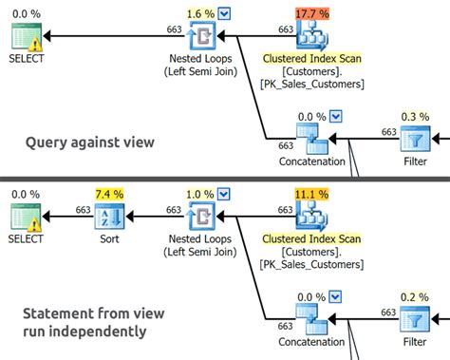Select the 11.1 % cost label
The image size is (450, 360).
(x=311, y=194)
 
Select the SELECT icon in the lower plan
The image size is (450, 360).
(x=25, y=218)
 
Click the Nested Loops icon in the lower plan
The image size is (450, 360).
(x=201, y=218)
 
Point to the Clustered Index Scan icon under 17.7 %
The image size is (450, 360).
(x=311, y=36)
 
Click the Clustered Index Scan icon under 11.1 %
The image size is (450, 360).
(x=311, y=218)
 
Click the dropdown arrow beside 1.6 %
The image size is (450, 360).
(x=223, y=12)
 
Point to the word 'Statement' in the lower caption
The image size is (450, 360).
(x=49, y=313)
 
